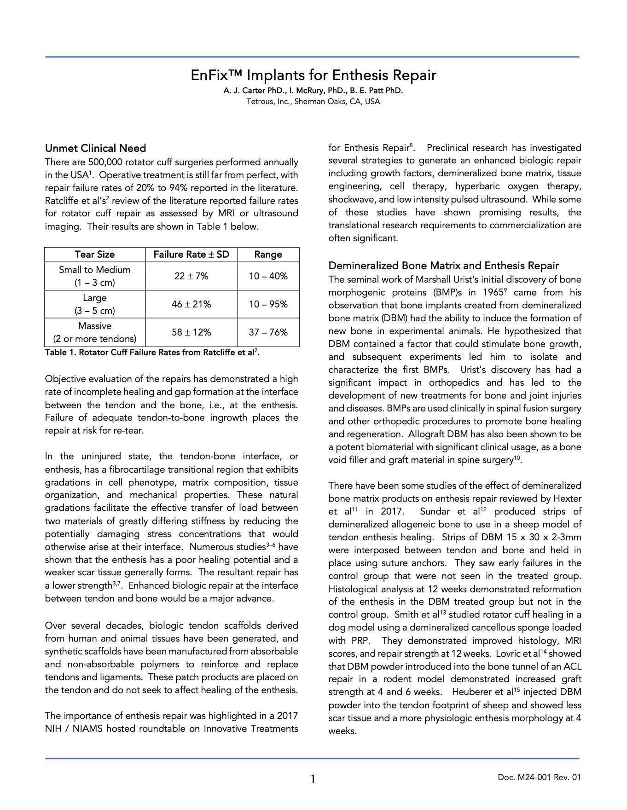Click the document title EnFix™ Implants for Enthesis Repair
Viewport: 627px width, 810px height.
point(313,75)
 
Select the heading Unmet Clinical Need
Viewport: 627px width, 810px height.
point(95,148)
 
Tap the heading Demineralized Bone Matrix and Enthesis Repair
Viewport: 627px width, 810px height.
point(443,266)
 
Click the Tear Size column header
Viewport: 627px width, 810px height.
point(95,255)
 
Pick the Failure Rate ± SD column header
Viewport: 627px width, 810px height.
point(191,255)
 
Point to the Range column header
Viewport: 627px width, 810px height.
point(268,255)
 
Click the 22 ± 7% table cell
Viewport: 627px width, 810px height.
point(191,276)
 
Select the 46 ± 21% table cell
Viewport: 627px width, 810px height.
point(191,304)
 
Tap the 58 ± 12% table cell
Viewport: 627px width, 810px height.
point(191,332)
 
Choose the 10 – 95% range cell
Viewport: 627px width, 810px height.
point(268,304)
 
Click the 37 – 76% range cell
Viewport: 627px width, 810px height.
point(268,332)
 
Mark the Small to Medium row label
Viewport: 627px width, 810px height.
point(95,270)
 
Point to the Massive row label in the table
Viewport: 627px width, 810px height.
point(95,326)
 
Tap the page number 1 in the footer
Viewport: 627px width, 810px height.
point(313,779)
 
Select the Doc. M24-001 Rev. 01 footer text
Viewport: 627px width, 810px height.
point(539,778)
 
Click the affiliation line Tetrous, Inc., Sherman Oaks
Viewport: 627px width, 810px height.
point(313,101)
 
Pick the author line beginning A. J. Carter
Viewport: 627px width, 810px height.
point(313,91)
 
